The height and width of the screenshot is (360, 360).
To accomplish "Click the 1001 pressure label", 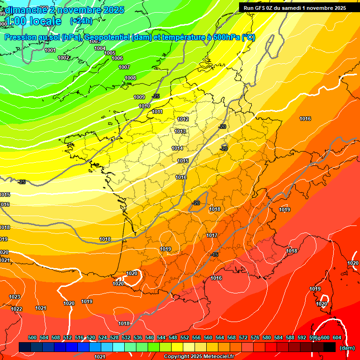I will click(x=50, y=50).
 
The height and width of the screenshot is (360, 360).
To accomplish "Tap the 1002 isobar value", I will click(x=64, y=58).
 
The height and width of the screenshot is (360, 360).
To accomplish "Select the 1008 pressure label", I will click(x=130, y=78).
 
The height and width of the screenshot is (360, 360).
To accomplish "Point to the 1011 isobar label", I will click(x=157, y=112).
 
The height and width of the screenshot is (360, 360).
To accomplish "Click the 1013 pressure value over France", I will click(x=180, y=131).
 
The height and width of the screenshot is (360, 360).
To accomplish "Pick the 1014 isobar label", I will click(x=177, y=148).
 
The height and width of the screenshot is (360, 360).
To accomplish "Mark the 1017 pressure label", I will click(x=212, y=235).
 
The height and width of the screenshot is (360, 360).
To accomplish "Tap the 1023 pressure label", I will click(x=15, y=297).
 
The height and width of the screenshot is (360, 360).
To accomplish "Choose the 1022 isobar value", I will click(x=16, y=309).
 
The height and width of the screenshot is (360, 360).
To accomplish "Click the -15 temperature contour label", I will click(x=215, y=255).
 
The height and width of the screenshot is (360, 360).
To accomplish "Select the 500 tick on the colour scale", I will click(x=32, y=337).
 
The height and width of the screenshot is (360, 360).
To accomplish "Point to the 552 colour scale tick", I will click(x=185, y=337).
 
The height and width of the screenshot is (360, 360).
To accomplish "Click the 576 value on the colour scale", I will click(x=255, y=337).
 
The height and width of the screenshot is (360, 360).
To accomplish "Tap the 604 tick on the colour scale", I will click(x=337, y=337).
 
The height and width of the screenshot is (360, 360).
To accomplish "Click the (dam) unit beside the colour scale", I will click(x=347, y=348).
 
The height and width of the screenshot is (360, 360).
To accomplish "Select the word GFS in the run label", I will click(x=261, y=7).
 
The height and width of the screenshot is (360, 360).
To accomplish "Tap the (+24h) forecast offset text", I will click(x=81, y=21).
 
